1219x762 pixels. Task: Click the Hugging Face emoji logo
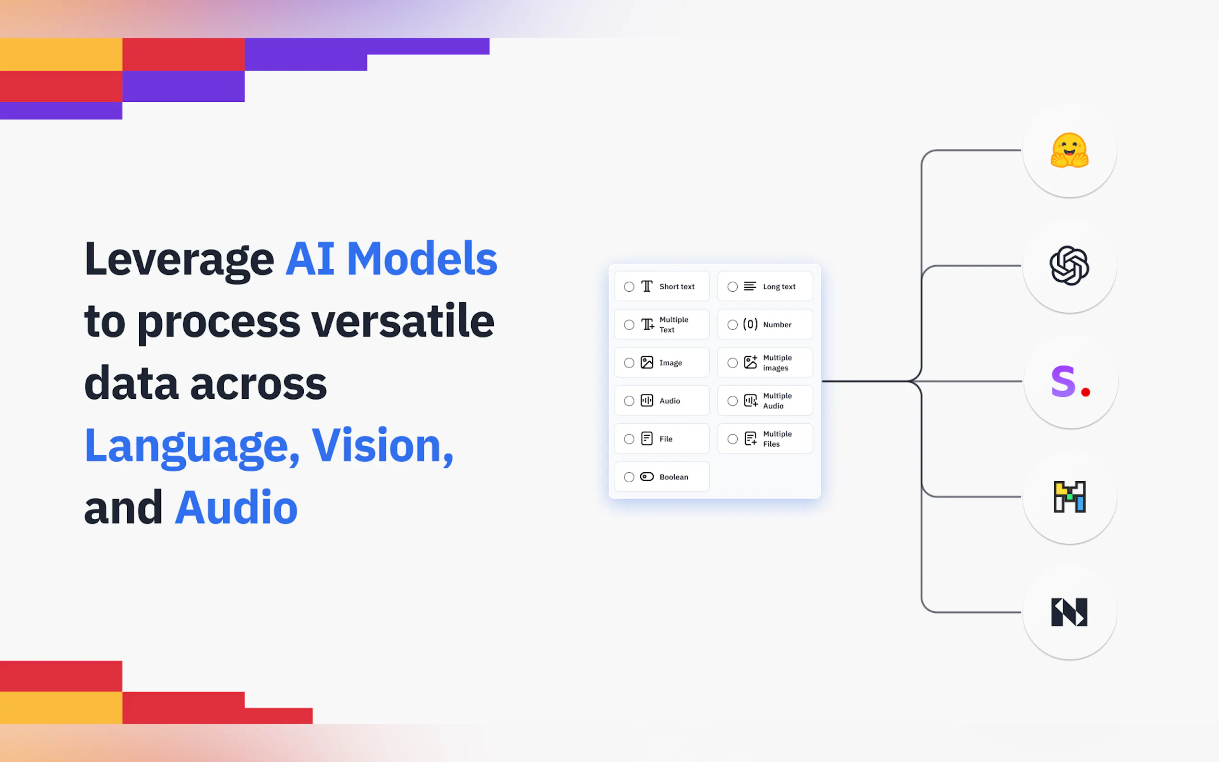[x=1069, y=150]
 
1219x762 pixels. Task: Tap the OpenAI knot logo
[x=1069, y=265]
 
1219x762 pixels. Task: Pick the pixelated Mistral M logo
[x=1069, y=497]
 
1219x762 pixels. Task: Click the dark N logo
[x=1069, y=612]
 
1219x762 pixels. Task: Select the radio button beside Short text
[x=629, y=287]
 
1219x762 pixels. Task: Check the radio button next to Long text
[x=732, y=287]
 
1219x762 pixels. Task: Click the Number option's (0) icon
[x=750, y=324]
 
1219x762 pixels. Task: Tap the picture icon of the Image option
[x=646, y=362]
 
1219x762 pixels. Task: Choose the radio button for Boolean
[x=629, y=477]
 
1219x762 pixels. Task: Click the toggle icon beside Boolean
[x=646, y=477]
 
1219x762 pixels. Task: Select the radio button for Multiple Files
[x=732, y=439]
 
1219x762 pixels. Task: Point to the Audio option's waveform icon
[x=646, y=401]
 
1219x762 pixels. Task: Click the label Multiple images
[x=777, y=363]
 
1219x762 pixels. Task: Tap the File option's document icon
[x=646, y=439]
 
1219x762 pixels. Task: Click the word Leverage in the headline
[x=179, y=260]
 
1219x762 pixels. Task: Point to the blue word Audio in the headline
[x=236, y=508]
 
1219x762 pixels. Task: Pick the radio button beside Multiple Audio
[x=732, y=401]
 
